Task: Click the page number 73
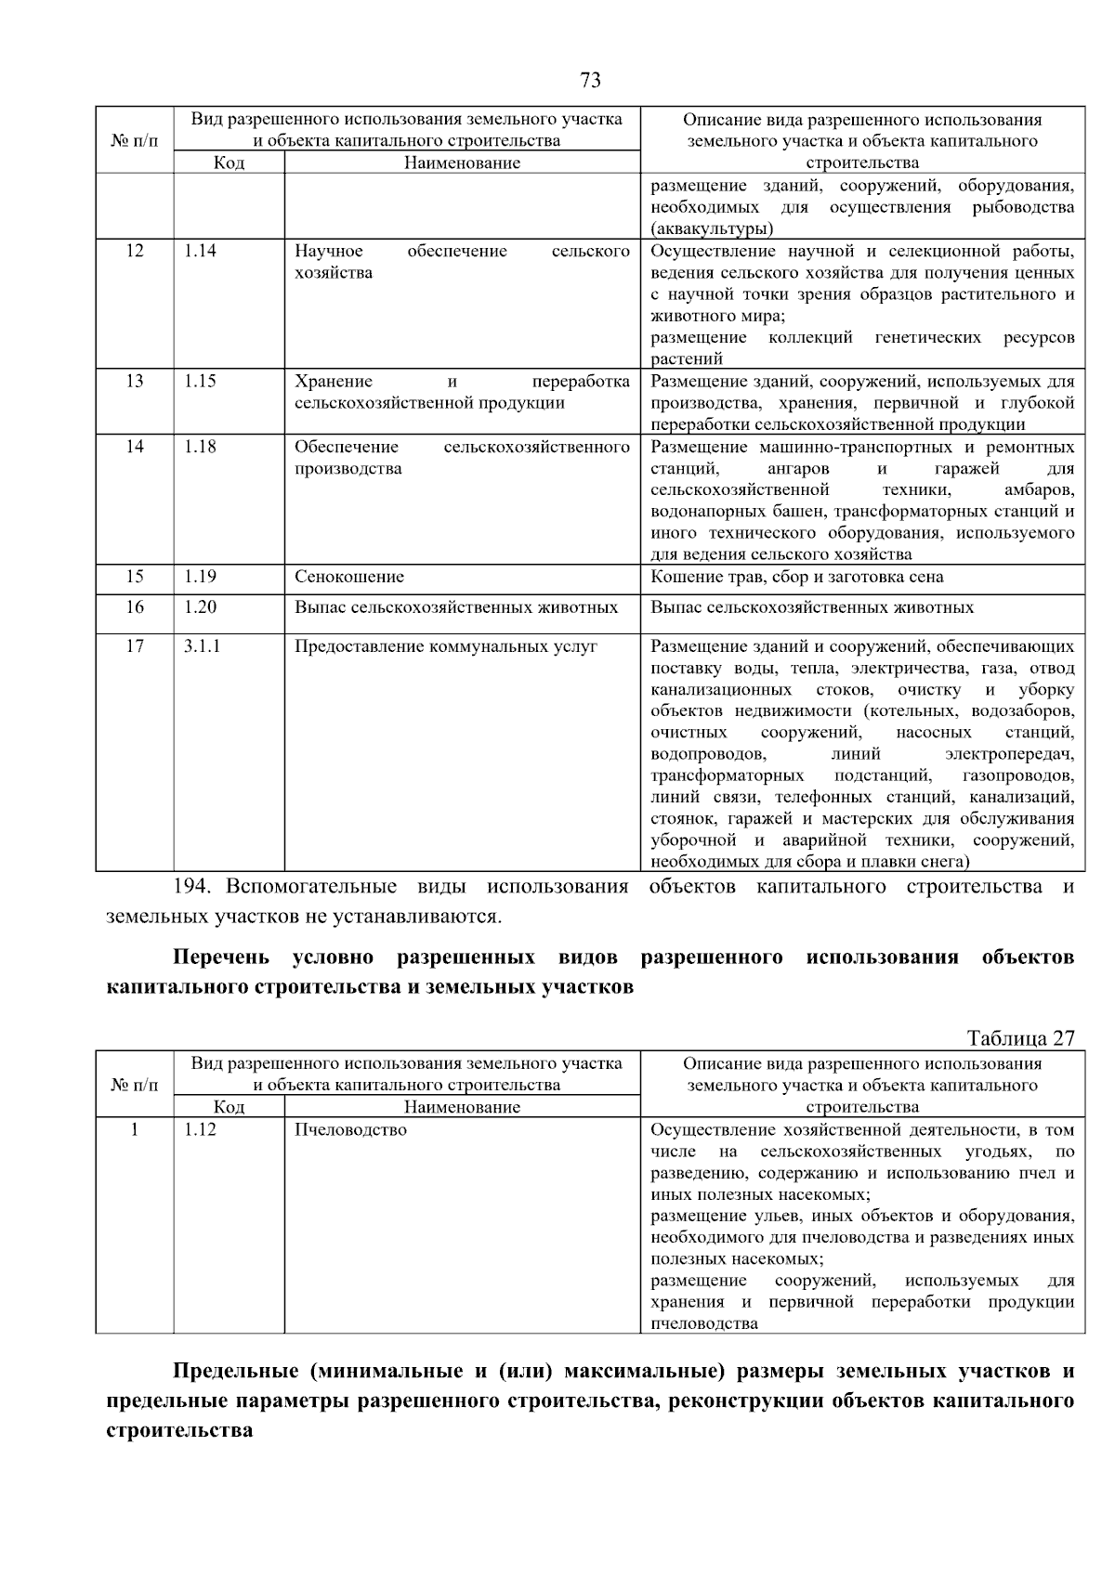pyautogui.click(x=590, y=80)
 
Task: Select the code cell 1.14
pyautogui.click(x=200, y=251)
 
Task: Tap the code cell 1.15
pyautogui.click(x=200, y=381)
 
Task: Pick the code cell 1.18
pyautogui.click(x=200, y=447)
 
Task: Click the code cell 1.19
pyautogui.click(x=200, y=577)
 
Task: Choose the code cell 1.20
pyautogui.click(x=200, y=607)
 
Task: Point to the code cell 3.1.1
pyautogui.click(x=202, y=646)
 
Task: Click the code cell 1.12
pyautogui.click(x=200, y=1130)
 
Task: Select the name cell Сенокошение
pyautogui.click(x=349, y=577)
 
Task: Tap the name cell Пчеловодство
pyautogui.click(x=350, y=1130)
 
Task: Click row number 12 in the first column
pyautogui.click(x=135, y=251)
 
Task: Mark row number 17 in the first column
pyautogui.click(x=135, y=646)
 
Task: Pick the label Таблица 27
pyautogui.click(x=1020, y=1038)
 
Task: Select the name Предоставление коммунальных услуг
pyautogui.click(x=446, y=646)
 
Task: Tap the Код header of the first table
pyautogui.click(x=229, y=163)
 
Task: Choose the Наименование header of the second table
pyautogui.click(x=462, y=1107)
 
